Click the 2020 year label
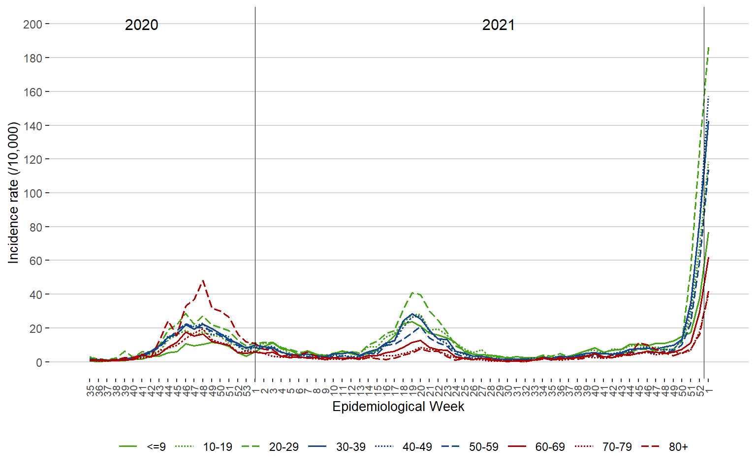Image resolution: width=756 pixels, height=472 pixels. pos(141,25)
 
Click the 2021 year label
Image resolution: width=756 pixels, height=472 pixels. pos(498,25)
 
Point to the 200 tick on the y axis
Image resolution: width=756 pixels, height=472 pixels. pos(32,24)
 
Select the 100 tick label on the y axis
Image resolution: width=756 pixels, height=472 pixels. pos(32,193)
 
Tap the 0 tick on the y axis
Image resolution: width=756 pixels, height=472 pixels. pos(39,362)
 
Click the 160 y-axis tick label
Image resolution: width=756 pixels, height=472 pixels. pos(32,92)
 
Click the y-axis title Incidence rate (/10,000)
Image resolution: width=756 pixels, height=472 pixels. pos(13,193)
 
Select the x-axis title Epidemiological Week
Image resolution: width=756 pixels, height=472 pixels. pos(398,407)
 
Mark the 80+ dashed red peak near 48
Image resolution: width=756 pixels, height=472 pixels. pos(203,281)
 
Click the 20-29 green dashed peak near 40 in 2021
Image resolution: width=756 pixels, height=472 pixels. pos(412,293)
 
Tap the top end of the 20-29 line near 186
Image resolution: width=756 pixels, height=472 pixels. pos(709,48)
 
